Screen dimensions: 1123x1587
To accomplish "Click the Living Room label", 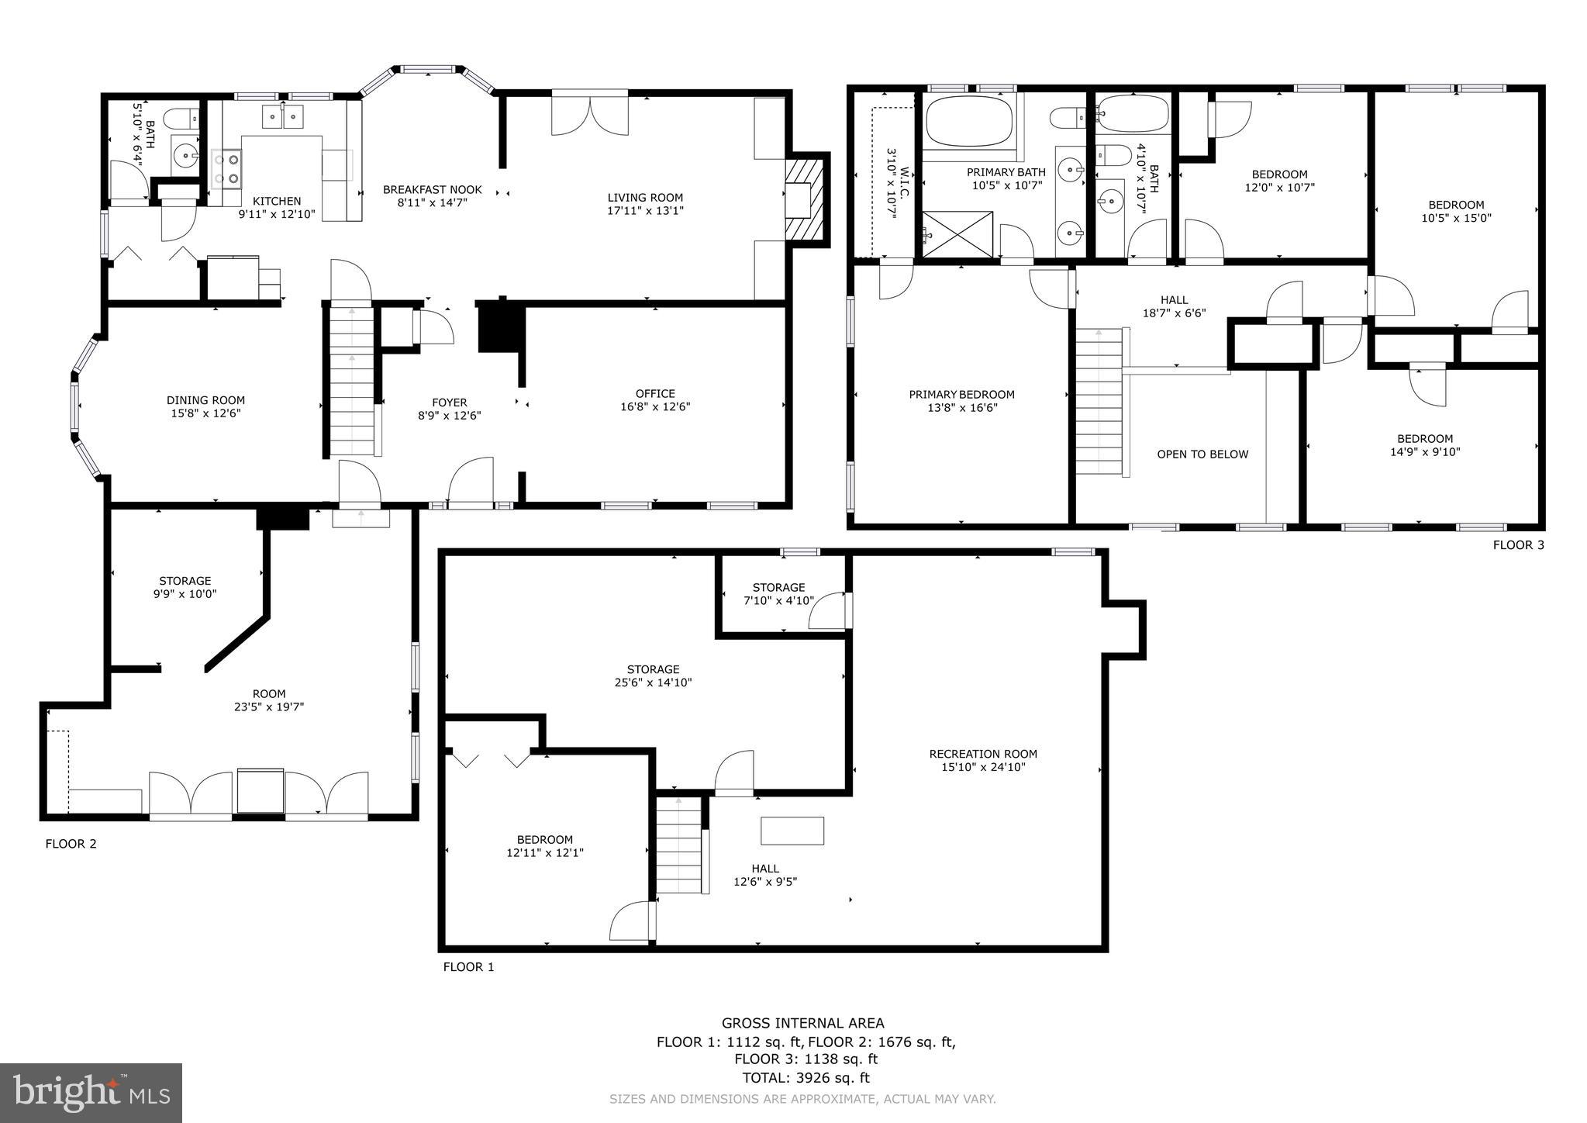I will coord(645,198).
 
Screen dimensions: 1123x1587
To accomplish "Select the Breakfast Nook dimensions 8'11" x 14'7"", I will coord(432,203).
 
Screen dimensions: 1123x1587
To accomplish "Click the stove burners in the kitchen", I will coord(226,169).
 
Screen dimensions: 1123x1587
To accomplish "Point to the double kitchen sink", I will coord(282,117).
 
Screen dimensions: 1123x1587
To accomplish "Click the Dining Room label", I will coord(205,400).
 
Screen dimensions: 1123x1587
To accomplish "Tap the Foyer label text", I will coord(449,403).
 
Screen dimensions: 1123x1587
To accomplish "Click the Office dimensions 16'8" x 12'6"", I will coord(655,406).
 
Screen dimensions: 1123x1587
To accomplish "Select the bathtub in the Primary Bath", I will coord(969,120).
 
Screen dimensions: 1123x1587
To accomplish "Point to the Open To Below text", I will coord(1202,454).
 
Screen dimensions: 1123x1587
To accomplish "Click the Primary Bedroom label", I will coord(961,395).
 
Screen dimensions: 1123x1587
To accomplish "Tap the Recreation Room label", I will coord(983,754).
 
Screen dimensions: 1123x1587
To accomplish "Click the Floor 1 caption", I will coord(468,967).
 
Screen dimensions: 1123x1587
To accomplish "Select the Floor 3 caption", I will coord(1518,545).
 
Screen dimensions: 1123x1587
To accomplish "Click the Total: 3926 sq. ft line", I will coord(806,1078).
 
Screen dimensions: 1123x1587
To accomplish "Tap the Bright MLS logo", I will coord(91,1093).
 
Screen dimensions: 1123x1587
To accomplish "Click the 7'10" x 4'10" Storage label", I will coord(778,600).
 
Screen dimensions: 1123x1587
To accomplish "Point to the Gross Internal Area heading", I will coord(802,1024).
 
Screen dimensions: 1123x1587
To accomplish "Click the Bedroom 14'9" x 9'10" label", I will coord(1425,439).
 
